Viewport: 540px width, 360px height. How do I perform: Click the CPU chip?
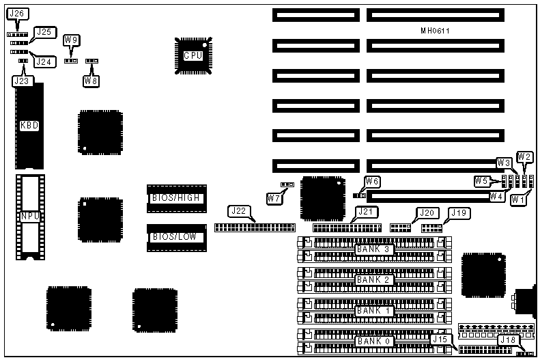coord(193,55)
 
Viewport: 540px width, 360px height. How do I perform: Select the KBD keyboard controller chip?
coord(29,126)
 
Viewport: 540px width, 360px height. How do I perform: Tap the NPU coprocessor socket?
coord(29,216)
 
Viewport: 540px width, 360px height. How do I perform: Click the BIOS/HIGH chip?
coord(176,198)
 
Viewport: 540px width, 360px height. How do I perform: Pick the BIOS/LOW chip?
coord(176,237)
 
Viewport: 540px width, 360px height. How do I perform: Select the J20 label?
coord(427,212)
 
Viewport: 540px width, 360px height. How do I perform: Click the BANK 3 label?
coord(373,249)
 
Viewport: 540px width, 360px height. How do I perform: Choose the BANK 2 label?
coord(373,279)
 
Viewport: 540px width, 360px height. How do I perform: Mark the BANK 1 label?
coord(373,310)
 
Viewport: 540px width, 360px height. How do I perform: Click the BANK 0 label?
coord(373,340)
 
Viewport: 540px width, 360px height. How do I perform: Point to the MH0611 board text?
coord(435,31)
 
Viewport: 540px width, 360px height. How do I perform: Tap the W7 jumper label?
coord(274,198)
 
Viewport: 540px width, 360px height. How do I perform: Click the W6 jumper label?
coord(372,181)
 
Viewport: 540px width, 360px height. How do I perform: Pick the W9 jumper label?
coord(71,40)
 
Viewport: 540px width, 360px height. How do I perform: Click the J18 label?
coord(508,340)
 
